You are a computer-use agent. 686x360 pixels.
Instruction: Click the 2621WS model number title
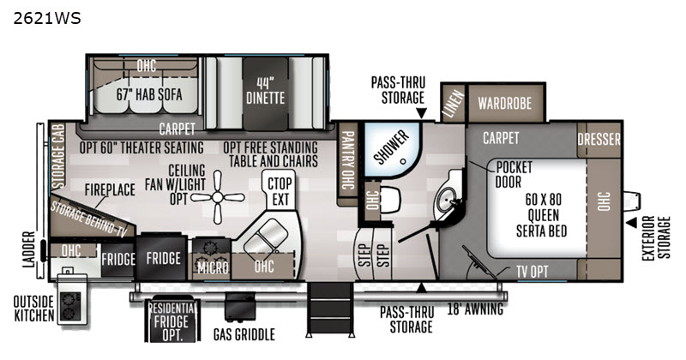(47, 18)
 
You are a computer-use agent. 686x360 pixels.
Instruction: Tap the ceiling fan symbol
(218, 198)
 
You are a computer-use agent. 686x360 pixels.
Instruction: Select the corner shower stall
(393, 150)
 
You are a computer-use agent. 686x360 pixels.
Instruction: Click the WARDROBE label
(505, 104)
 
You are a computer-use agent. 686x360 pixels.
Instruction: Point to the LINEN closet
(454, 103)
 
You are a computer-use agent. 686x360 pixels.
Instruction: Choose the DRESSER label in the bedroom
(599, 140)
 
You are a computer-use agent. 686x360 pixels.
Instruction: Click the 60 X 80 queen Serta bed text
(543, 215)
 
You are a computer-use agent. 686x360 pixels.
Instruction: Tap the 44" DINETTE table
(266, 93)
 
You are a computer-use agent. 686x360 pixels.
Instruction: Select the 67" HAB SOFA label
(149, 94)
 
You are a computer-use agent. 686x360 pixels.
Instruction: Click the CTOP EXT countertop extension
(280, 191)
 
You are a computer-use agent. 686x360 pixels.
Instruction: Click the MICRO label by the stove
(213, 267)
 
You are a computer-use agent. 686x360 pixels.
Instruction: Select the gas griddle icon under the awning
(240, 307)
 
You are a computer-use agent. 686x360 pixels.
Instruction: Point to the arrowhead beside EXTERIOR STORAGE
(631, 223)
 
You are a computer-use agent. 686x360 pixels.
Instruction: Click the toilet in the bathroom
(388, 200)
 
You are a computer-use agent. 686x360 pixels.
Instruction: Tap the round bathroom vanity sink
(447, 199)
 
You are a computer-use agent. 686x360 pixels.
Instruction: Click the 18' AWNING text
(475, 309)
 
